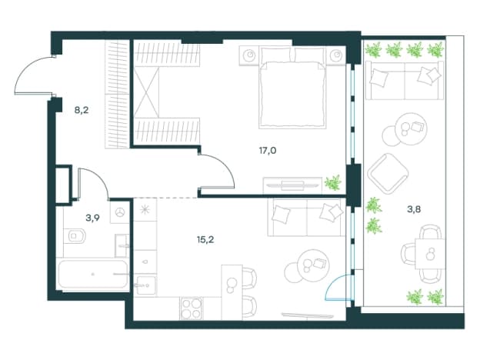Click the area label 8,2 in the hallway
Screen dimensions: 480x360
point(82,110)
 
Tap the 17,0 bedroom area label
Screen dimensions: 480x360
point(268,151)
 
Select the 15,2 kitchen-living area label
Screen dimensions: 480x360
point(205,240)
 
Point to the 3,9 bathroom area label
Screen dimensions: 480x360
point(92,218)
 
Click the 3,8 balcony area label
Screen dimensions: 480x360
point(414,209)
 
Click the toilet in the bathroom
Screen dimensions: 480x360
point(75,236)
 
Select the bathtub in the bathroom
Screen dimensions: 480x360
point(93,275)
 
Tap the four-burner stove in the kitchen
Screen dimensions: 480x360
point(192,308)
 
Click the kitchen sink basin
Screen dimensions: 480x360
point(146,285)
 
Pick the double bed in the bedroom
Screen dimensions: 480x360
point(292,88)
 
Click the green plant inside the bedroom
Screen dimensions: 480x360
point(333,183)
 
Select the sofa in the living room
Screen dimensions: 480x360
point(306,218)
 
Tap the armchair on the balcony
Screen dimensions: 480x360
point(388,174)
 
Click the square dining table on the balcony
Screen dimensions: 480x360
point(430,254)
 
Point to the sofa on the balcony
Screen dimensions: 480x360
point(405,80)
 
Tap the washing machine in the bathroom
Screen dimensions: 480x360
point(119,212)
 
